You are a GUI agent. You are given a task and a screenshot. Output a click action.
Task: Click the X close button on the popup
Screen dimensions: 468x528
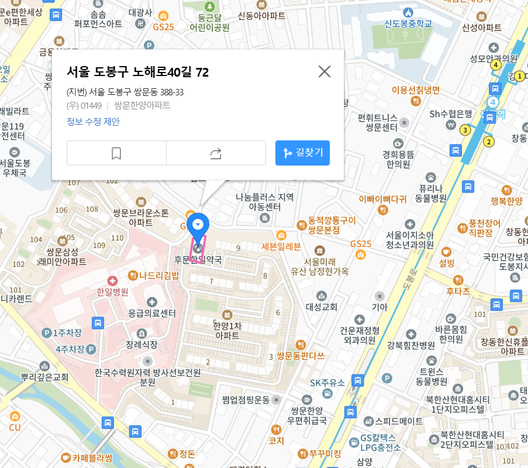(x=325, y=71)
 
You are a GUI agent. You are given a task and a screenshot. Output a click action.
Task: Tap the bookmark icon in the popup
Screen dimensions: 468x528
(x=116, y=153)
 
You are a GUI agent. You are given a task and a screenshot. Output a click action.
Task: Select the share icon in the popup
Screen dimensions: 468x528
(x=216, y=153)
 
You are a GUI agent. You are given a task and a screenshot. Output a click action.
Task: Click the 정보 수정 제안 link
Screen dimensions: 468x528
(x=93, y=122)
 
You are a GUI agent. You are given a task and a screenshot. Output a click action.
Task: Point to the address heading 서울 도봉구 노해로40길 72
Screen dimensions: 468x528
(x=137, y=72)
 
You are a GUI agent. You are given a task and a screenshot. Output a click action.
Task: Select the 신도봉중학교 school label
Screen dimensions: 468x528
(x=408, y=24)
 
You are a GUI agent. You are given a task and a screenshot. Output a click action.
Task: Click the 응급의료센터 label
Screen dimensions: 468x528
(x=152, y=313)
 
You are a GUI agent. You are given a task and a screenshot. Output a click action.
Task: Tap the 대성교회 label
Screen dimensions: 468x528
(x=322, y=307)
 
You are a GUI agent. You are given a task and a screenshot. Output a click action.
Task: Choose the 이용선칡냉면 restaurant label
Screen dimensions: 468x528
(x=415, y=90)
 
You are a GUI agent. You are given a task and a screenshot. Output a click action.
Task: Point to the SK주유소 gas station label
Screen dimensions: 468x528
(x=327, y=383)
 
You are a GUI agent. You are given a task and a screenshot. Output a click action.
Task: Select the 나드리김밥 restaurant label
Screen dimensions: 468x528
(x=159, y=276)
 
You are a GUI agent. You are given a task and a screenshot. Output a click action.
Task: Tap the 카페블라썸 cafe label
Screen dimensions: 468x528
(x=92, y=457)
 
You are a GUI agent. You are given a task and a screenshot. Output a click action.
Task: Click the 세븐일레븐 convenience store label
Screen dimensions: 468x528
(x=281, y=246)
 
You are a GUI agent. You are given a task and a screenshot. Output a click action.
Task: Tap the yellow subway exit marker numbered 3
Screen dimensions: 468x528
(x=465, y=130)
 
